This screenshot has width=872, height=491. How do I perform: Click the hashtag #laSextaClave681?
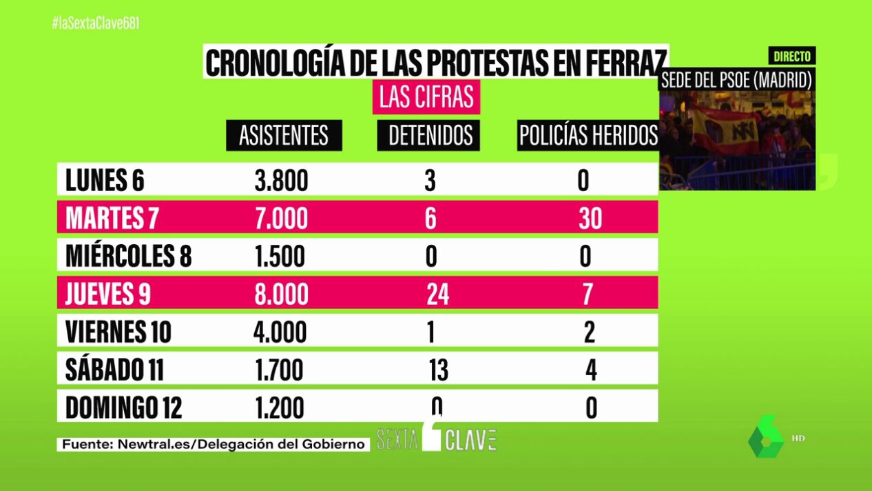pos(96,23)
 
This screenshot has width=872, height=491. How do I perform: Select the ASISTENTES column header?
pos(284,136)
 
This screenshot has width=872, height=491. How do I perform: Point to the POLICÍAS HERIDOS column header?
pos(588,136)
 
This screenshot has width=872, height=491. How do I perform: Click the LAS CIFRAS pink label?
pos(426,97)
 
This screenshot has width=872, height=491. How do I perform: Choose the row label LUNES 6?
pos(105,181)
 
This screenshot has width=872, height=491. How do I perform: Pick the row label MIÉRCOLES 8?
pos(128,256)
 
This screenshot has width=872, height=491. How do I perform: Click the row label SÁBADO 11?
pos(114,370)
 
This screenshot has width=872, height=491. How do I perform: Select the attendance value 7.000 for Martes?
pos(280,219)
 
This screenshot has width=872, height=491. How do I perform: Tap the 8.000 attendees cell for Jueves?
pos(280,294)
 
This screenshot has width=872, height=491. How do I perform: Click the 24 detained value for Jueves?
pos(437,294)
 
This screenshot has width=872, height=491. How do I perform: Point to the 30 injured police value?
pos(590,219)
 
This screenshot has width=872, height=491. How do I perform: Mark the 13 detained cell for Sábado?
pos(438,371)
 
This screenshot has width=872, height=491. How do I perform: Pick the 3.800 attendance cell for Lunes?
pos(280,181)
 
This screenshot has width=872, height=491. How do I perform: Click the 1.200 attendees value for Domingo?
pos(278,408)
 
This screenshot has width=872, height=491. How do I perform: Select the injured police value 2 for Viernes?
pos(590,332)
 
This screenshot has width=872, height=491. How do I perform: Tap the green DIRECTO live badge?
pos(791,57)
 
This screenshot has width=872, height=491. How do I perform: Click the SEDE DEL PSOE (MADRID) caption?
pos(736,79)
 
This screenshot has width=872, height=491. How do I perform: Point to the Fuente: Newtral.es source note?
pos(213,444)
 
